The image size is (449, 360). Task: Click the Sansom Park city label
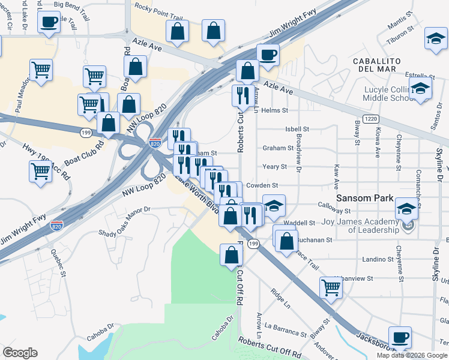pyautogui.click(x=364, y=198)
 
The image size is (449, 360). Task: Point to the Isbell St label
pyautogui.click(x=297, y=129)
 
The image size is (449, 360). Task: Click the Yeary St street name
pyautogui.click(x=276, y=166)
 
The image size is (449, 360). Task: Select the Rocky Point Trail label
pyautogui.click(x=158, y=7)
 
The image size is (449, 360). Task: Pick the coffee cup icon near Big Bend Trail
pyautogui.click(x=49, y=22)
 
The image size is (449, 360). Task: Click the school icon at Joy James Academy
pyautogui.click(x=406, y=209)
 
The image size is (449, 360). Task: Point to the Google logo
pyautogui.click(x=20, y=353)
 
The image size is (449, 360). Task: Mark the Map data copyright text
pyautogui.click(x=412, y=355)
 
